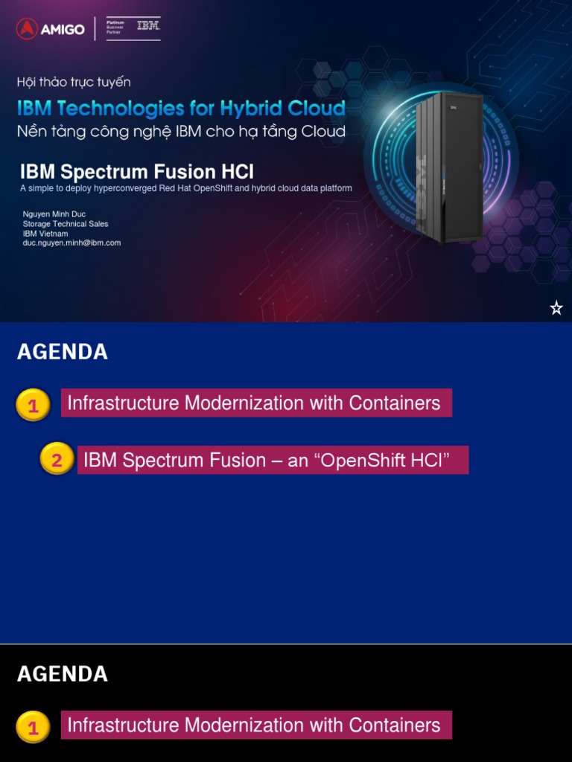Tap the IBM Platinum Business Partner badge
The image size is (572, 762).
click(x=133, y=28)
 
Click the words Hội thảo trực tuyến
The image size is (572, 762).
click(x=74, y=82)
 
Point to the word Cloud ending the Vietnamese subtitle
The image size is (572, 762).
click(x=323, y=132)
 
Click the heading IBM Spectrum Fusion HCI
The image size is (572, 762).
click(x=136, y=172)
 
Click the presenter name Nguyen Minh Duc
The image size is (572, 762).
click(x=54, y=214)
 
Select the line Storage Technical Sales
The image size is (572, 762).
click(x=65, y=224)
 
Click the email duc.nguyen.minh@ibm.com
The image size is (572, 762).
click(x=71, y=243)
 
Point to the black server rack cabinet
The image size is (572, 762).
click(x=449, y=167)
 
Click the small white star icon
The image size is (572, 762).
click(x=556, y=308)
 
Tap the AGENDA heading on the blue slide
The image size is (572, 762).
click(x=63, y=352)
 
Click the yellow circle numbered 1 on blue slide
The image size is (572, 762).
click(x=33, y=406)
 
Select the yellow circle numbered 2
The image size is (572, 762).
click(x=57, y=461)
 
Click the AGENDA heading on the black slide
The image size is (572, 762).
click(x=63, y=674)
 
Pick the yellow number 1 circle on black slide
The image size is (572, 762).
click(x=33, y=728)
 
